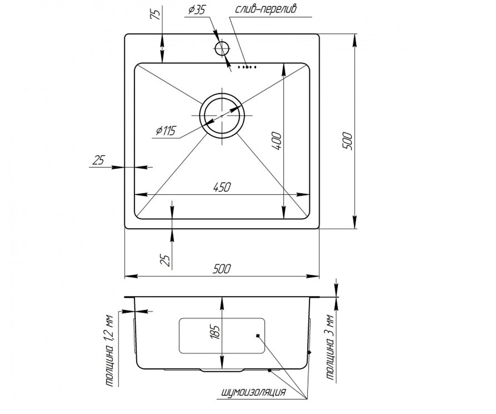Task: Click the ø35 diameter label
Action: point(196,10)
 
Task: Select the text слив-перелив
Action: point(266,9)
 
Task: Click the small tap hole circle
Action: point(222,48)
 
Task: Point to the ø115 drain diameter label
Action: point(166,131)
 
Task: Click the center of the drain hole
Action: point(222,116)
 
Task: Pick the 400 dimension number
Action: point(276,141)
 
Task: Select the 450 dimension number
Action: point(222,188)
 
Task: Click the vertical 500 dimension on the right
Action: point(347,141)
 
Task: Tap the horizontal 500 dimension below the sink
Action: point(222,269)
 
